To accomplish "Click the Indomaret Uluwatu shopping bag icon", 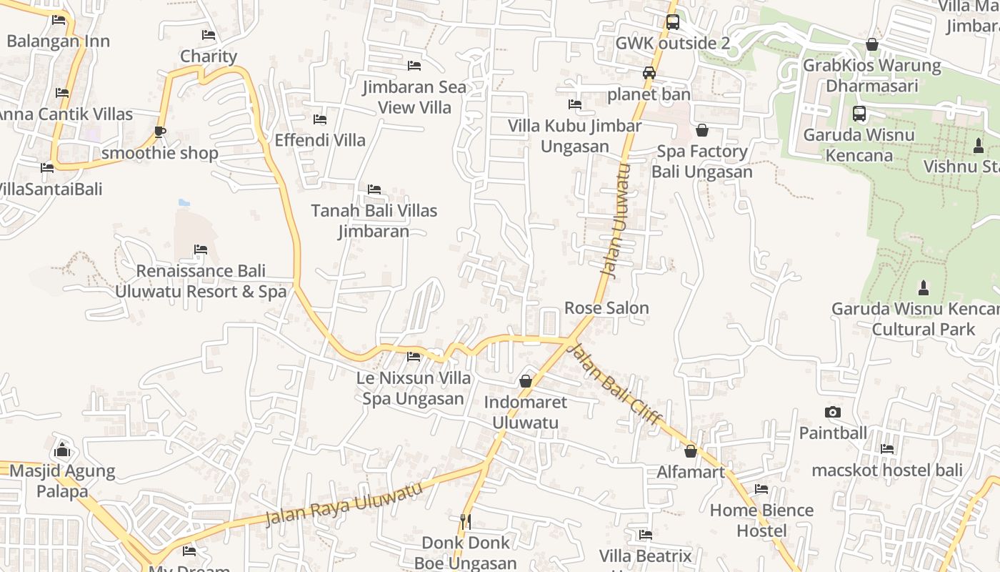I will pyautogui.click(x=526, y=381).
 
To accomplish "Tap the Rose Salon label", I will pyautogui.click(x=606, y=308).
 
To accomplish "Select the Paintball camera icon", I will pyautogui.click(x=832, y=412).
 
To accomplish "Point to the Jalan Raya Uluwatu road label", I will pyautogui.click(x=344, y=504).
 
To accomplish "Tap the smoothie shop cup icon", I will pyautogui.click(x=160, y=132).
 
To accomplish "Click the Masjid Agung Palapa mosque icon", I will pyautogui.click(x=62, y=450).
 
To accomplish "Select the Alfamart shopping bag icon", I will pyautogui.click(x=691, y=451).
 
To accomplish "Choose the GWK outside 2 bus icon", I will pyautogui.click(x=672, y=22).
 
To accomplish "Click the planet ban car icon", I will pyautogui.click(x=649, y=73).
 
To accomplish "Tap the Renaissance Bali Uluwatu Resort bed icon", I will pyautogui.click(x=201, y=250).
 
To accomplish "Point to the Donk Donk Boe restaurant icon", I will pyautogui.click(x=466, y=521).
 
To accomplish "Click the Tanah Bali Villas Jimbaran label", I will pyautogui.click(x=374, y=221).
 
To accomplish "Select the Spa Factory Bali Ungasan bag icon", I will pyautogui.click(x=702, y=130).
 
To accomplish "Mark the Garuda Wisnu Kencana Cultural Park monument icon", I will pyautogui.click(x=924, y=288).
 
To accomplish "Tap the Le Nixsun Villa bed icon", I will pyautogui.click(x=414, y=356).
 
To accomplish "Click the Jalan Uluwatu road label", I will pyautogui.click(x=615, y=221).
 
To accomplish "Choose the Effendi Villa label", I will pyautogui.click(x=320, y=140).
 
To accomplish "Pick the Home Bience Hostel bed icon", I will pyautogui.click(x=761, y=489).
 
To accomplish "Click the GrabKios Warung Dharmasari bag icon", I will pyautogui.click(x=871, y=44).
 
